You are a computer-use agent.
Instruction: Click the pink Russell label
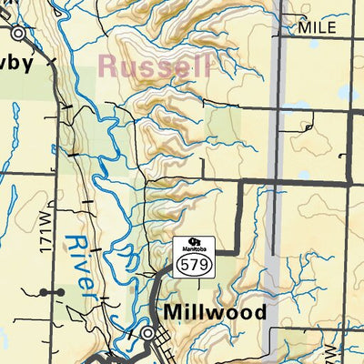[x=155, y=66]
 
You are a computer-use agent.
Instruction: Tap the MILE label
[x=317, y=27]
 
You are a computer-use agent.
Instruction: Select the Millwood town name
[x=216, y=312]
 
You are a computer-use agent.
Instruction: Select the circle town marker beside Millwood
[x=148, y=334]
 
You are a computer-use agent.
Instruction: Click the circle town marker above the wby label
[x=18, y=32]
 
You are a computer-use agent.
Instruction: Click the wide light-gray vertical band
[x=282, y=182]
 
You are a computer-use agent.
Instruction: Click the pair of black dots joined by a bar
[x=52, y=292]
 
